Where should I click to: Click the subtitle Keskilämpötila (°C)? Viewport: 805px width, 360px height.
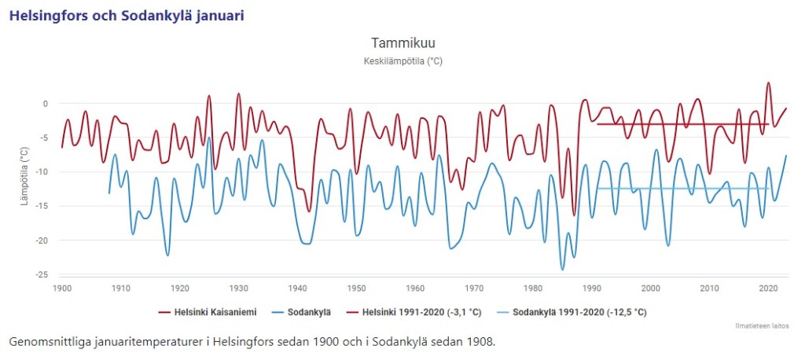point(402,61)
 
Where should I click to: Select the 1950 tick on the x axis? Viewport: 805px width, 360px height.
point(357,288)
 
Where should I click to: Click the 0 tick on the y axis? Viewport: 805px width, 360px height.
point(45,104)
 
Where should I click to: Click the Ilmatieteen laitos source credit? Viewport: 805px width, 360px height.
point(763,325)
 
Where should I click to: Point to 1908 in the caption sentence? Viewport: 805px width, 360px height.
point(478,343)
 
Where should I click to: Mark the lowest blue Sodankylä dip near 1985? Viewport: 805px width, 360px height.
point(562,270)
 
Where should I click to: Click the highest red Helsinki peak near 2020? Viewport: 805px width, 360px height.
point(769,83)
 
